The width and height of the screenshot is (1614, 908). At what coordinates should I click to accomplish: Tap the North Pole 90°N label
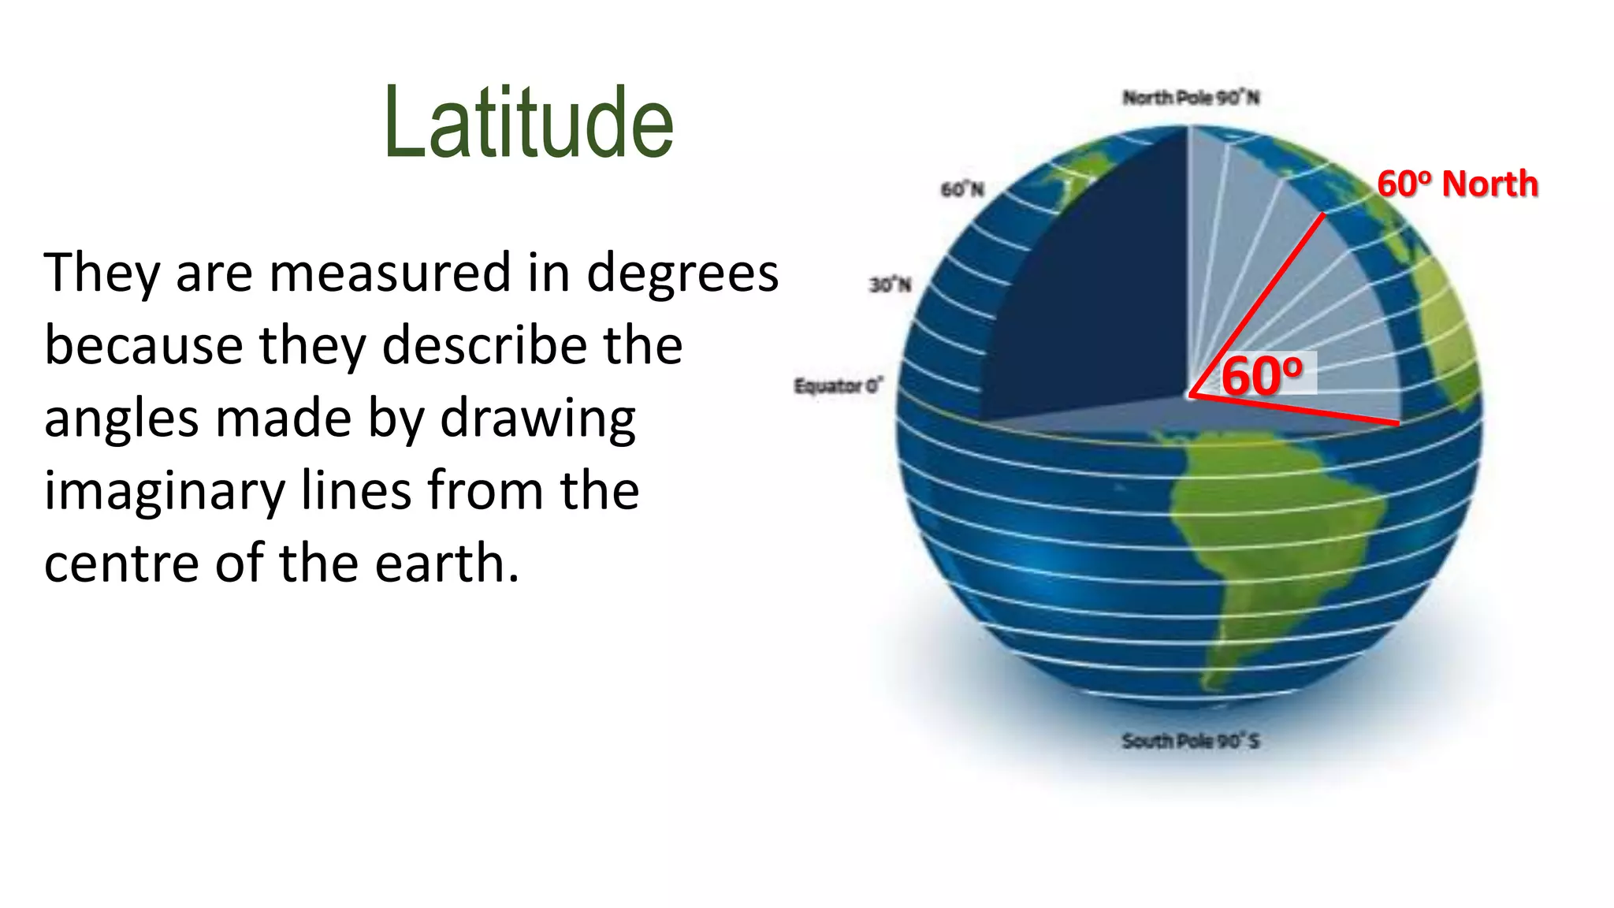click(x=1191, y=98)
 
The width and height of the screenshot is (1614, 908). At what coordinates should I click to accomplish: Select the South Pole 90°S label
click(x=1191, y=741)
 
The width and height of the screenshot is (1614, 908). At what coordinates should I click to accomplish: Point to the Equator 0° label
click(x=839, y=385)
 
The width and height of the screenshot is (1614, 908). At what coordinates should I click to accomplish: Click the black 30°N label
click(x=891, y=284)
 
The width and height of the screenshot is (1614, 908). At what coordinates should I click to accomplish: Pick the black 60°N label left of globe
click(x=962, y=189)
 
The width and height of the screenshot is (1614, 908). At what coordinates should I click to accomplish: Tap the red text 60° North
click(x=1457, y=184)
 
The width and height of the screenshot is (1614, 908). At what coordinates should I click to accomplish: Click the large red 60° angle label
click(x=1262, y=375)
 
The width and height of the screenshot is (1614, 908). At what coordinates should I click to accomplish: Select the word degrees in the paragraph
click(x=682, y=274)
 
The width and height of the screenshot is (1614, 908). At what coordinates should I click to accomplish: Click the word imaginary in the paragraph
click(x=164, y=491)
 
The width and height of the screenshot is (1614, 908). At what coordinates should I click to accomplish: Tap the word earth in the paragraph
click(x=446, y=564)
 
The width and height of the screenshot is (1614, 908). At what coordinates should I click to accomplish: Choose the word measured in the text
click(x=390, y=274)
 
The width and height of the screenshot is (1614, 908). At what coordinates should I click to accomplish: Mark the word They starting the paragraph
click(x=101, y=274)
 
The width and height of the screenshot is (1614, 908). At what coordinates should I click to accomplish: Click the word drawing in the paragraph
click(x=537, y=419)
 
